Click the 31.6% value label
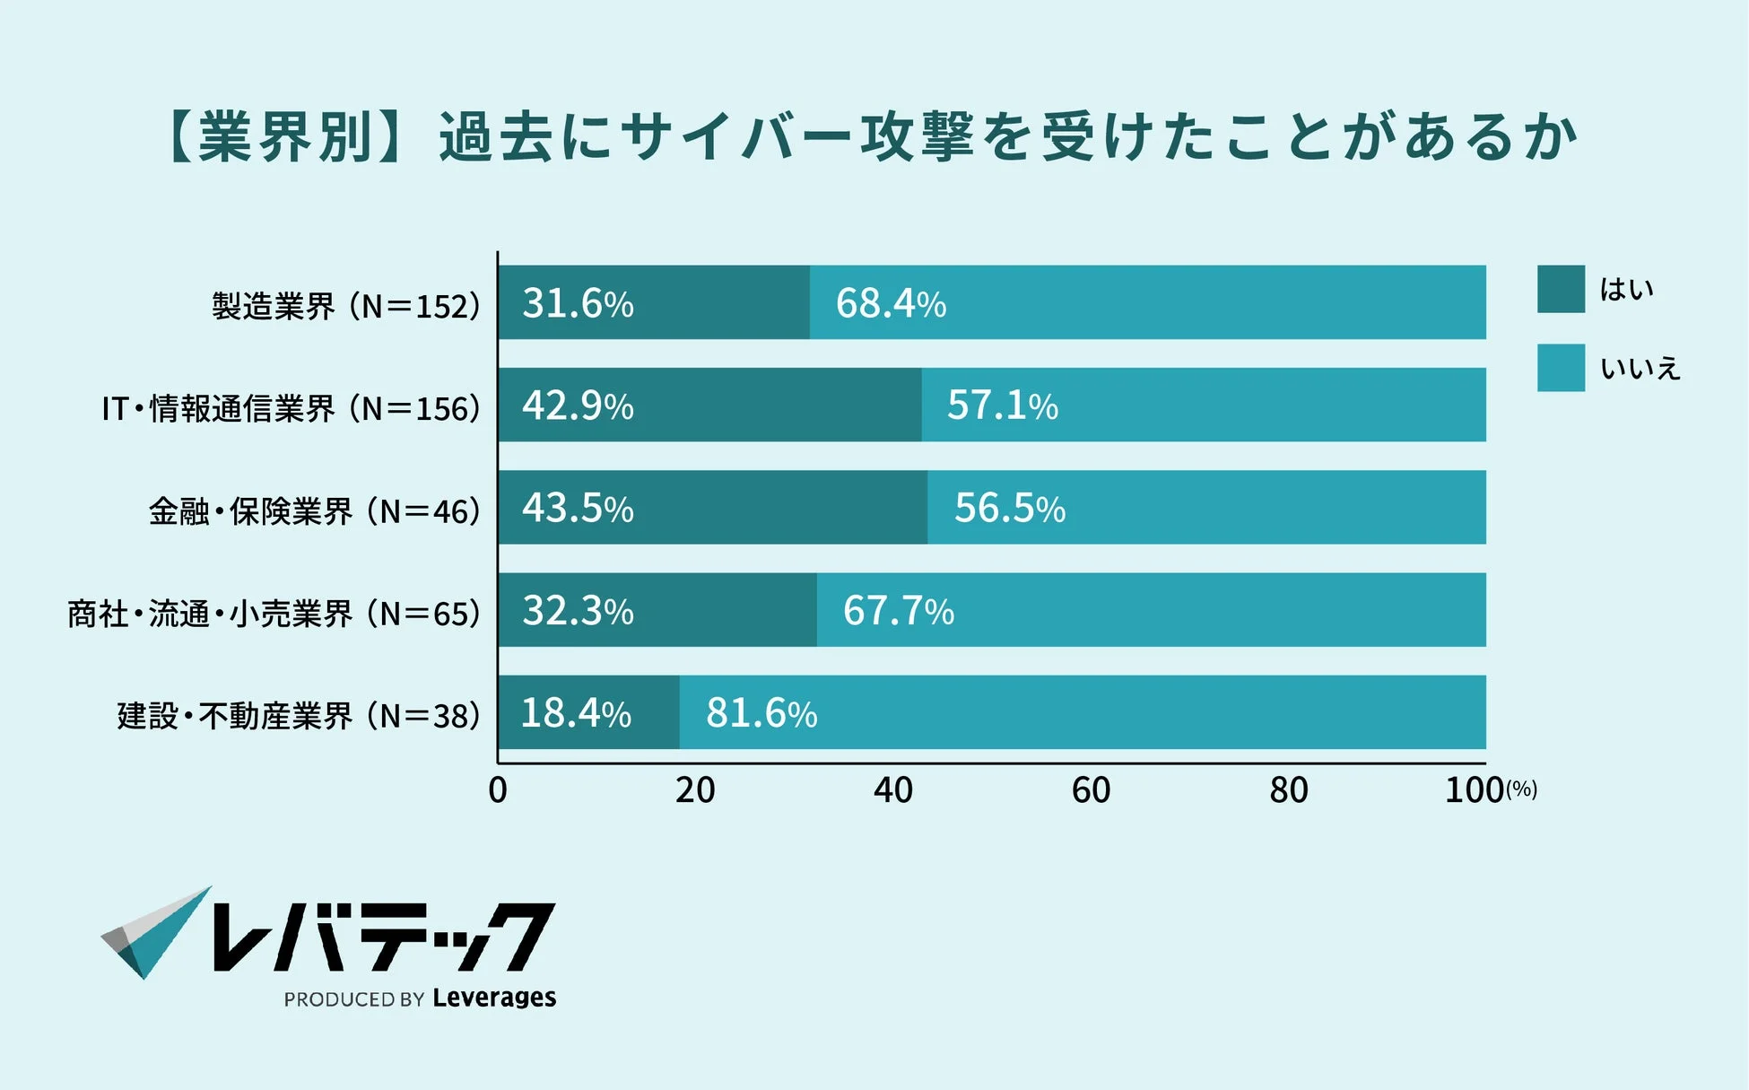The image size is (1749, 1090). [x=578, y=303]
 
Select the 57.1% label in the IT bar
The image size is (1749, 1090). [x=1002, y=405]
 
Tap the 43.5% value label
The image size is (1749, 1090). [x=578, y=508]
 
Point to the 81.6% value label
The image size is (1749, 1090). [x=761, y=713]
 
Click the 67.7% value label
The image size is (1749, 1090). [x=898, y=611]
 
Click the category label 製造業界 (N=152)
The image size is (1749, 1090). [x=345, y=306]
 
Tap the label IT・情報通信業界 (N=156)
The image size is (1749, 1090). [x=291, y=409]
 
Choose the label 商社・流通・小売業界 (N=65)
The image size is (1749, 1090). [x=274, y=615]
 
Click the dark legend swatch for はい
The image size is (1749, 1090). [x=1561, y=289]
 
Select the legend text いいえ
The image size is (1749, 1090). [x=1640, y=368]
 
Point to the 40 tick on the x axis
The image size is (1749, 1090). [x=893, y=790]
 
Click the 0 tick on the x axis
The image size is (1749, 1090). [x=498, y=790]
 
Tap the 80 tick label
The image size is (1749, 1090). [x=1289, y=790]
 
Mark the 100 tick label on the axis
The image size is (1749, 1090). [x=1474, y=790]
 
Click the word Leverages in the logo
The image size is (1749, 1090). [x=494, y=998]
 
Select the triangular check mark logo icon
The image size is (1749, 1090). [x=154, y=933]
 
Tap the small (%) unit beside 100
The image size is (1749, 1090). [x=1521, y=789]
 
